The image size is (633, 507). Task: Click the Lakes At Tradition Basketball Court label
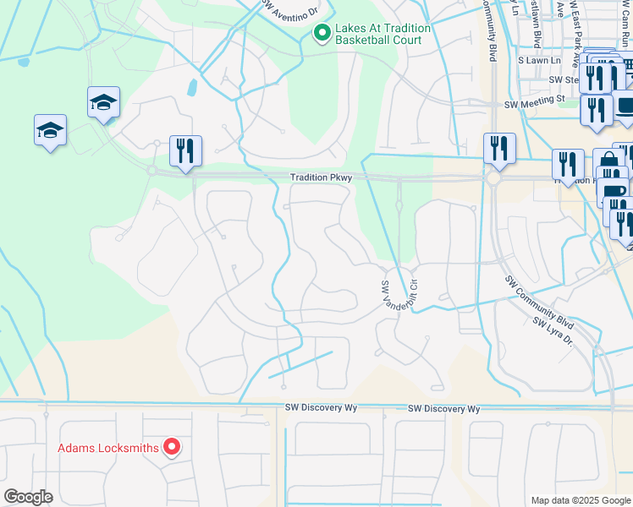[383, 34]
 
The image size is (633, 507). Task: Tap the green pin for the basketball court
[322, 34]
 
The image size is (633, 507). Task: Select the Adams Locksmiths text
[108, 448]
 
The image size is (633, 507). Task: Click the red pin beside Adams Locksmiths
[172, 446]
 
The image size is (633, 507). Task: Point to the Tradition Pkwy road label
[315, 178]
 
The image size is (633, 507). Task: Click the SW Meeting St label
[534, 103]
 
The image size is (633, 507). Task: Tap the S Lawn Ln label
[540, 61]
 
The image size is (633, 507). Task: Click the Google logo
[28, 497]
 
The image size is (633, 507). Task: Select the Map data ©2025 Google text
[580, 500]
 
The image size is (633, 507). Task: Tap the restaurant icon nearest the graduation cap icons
[185, 151]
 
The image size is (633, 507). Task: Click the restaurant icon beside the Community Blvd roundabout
[499, 149]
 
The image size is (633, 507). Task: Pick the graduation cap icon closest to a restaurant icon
[104, 103]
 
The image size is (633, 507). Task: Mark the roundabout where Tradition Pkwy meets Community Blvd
[493, 179]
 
